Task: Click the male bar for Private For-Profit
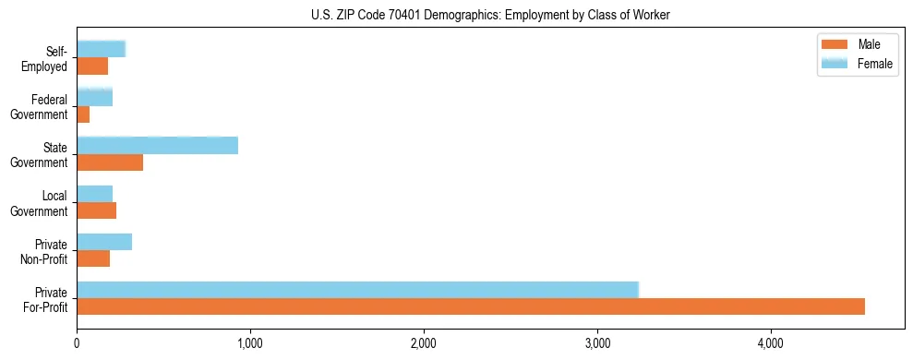click(x=471, y=306)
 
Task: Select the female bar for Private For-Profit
click(x=357, y=290)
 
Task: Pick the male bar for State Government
click(x=110, y=162)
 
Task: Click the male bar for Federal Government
click(x=83, y=114)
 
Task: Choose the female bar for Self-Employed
click(x=101, y=49)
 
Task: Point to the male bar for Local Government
click(x=96, y=210)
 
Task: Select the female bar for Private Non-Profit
click(x=104, y=242)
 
